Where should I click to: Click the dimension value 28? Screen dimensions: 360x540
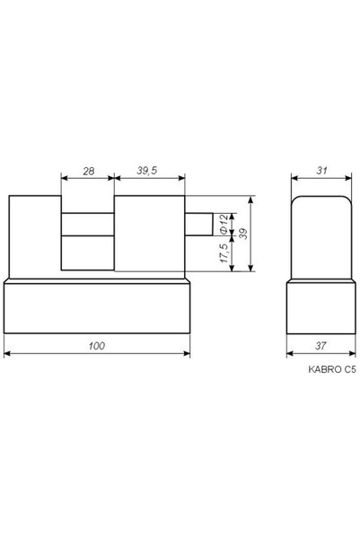tap(89, 171)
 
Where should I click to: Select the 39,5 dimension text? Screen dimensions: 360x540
tap(147, 171)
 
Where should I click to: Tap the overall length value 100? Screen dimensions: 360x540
tap(97, 346)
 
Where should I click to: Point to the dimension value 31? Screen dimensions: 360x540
tap(321, 171)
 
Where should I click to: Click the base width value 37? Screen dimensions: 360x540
tap(320, 346)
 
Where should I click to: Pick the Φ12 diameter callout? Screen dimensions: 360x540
tap(224, 225)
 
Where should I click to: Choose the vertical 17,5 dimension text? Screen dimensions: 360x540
tap(224, 253)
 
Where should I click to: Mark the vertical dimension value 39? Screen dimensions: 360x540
tap(243, 234)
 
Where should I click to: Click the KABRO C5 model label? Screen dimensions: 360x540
tap(332, 369)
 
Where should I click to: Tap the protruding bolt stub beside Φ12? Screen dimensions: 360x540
tap(198, 225)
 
